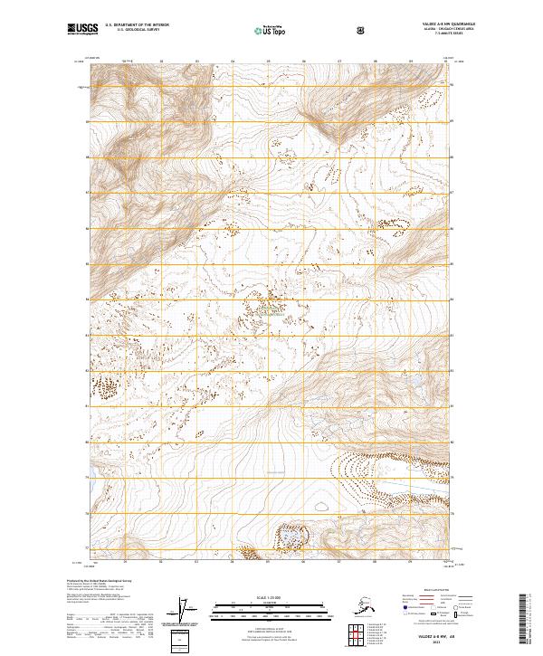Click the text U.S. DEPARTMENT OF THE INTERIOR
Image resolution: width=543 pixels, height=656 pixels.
(137, 26)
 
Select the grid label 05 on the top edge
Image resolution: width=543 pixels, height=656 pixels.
(268, 62)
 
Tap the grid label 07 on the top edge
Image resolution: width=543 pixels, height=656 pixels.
(339, 62)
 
